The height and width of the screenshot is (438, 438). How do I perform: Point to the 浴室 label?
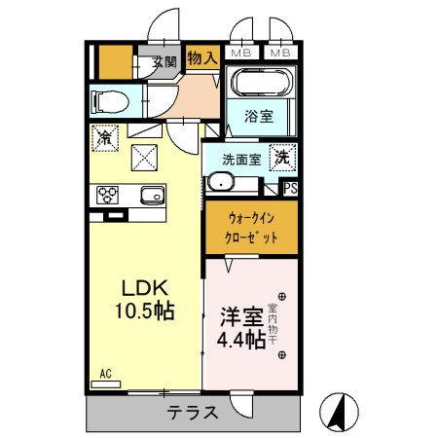click(x=259, y=115)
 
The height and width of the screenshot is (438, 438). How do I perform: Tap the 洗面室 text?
click(x=237, y=158)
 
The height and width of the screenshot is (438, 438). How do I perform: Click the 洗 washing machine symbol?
click(x=280, y=155)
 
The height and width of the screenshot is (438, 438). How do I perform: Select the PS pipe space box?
click(x=290, y=189)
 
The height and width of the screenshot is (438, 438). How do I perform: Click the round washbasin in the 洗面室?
click(x=223, y=182)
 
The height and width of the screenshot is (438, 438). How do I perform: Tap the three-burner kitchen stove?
click(x=106, y=193)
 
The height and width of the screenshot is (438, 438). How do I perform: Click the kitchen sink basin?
click(x=151, y=193)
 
